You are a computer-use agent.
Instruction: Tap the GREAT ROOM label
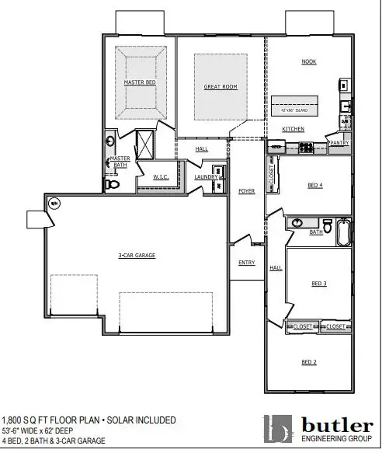tap(220, 87)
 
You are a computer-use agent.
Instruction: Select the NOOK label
tap(310, 61)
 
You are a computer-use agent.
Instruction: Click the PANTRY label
tap(339, 143)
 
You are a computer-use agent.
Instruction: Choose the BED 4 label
tap(314, 185)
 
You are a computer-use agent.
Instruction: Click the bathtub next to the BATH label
tap(342, 231)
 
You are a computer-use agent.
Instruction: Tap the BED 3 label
tap(318, 284)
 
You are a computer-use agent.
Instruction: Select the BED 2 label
tap(308, 361)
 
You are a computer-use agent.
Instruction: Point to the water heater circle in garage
tap(55, 204)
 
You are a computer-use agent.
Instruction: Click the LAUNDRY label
tap(206, 177)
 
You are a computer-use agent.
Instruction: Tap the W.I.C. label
tap(161, 176)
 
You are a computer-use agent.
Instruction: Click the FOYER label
tap(246, 190)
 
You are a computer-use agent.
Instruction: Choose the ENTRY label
tap(246, 263)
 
